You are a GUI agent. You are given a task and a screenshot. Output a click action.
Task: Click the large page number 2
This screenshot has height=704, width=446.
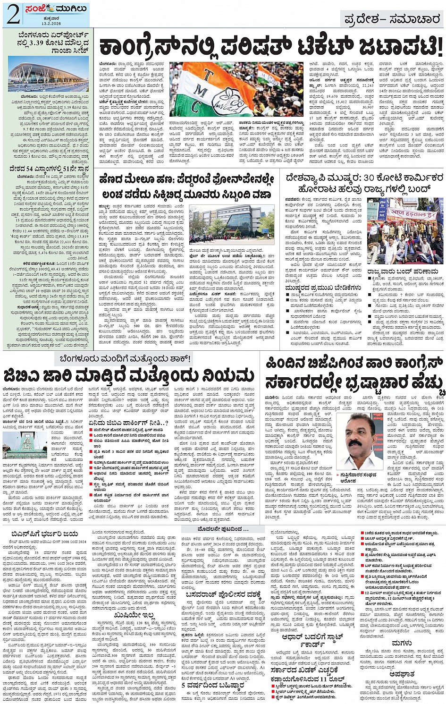click(x=13, y=15)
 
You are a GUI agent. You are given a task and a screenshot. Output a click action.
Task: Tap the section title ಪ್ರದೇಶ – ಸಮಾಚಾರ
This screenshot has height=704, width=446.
click(x=392, y=19)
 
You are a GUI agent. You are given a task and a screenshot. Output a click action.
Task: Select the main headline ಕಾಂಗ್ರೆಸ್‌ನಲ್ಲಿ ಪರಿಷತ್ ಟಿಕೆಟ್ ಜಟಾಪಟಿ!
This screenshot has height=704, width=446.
click(x=270, y=48)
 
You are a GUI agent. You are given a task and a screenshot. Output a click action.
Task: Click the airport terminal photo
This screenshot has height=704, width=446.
click(x=48, y=75)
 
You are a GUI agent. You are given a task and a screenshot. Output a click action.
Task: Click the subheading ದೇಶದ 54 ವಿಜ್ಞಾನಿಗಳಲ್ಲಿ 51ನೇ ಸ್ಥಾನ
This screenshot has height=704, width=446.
click(x=48, y=169)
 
